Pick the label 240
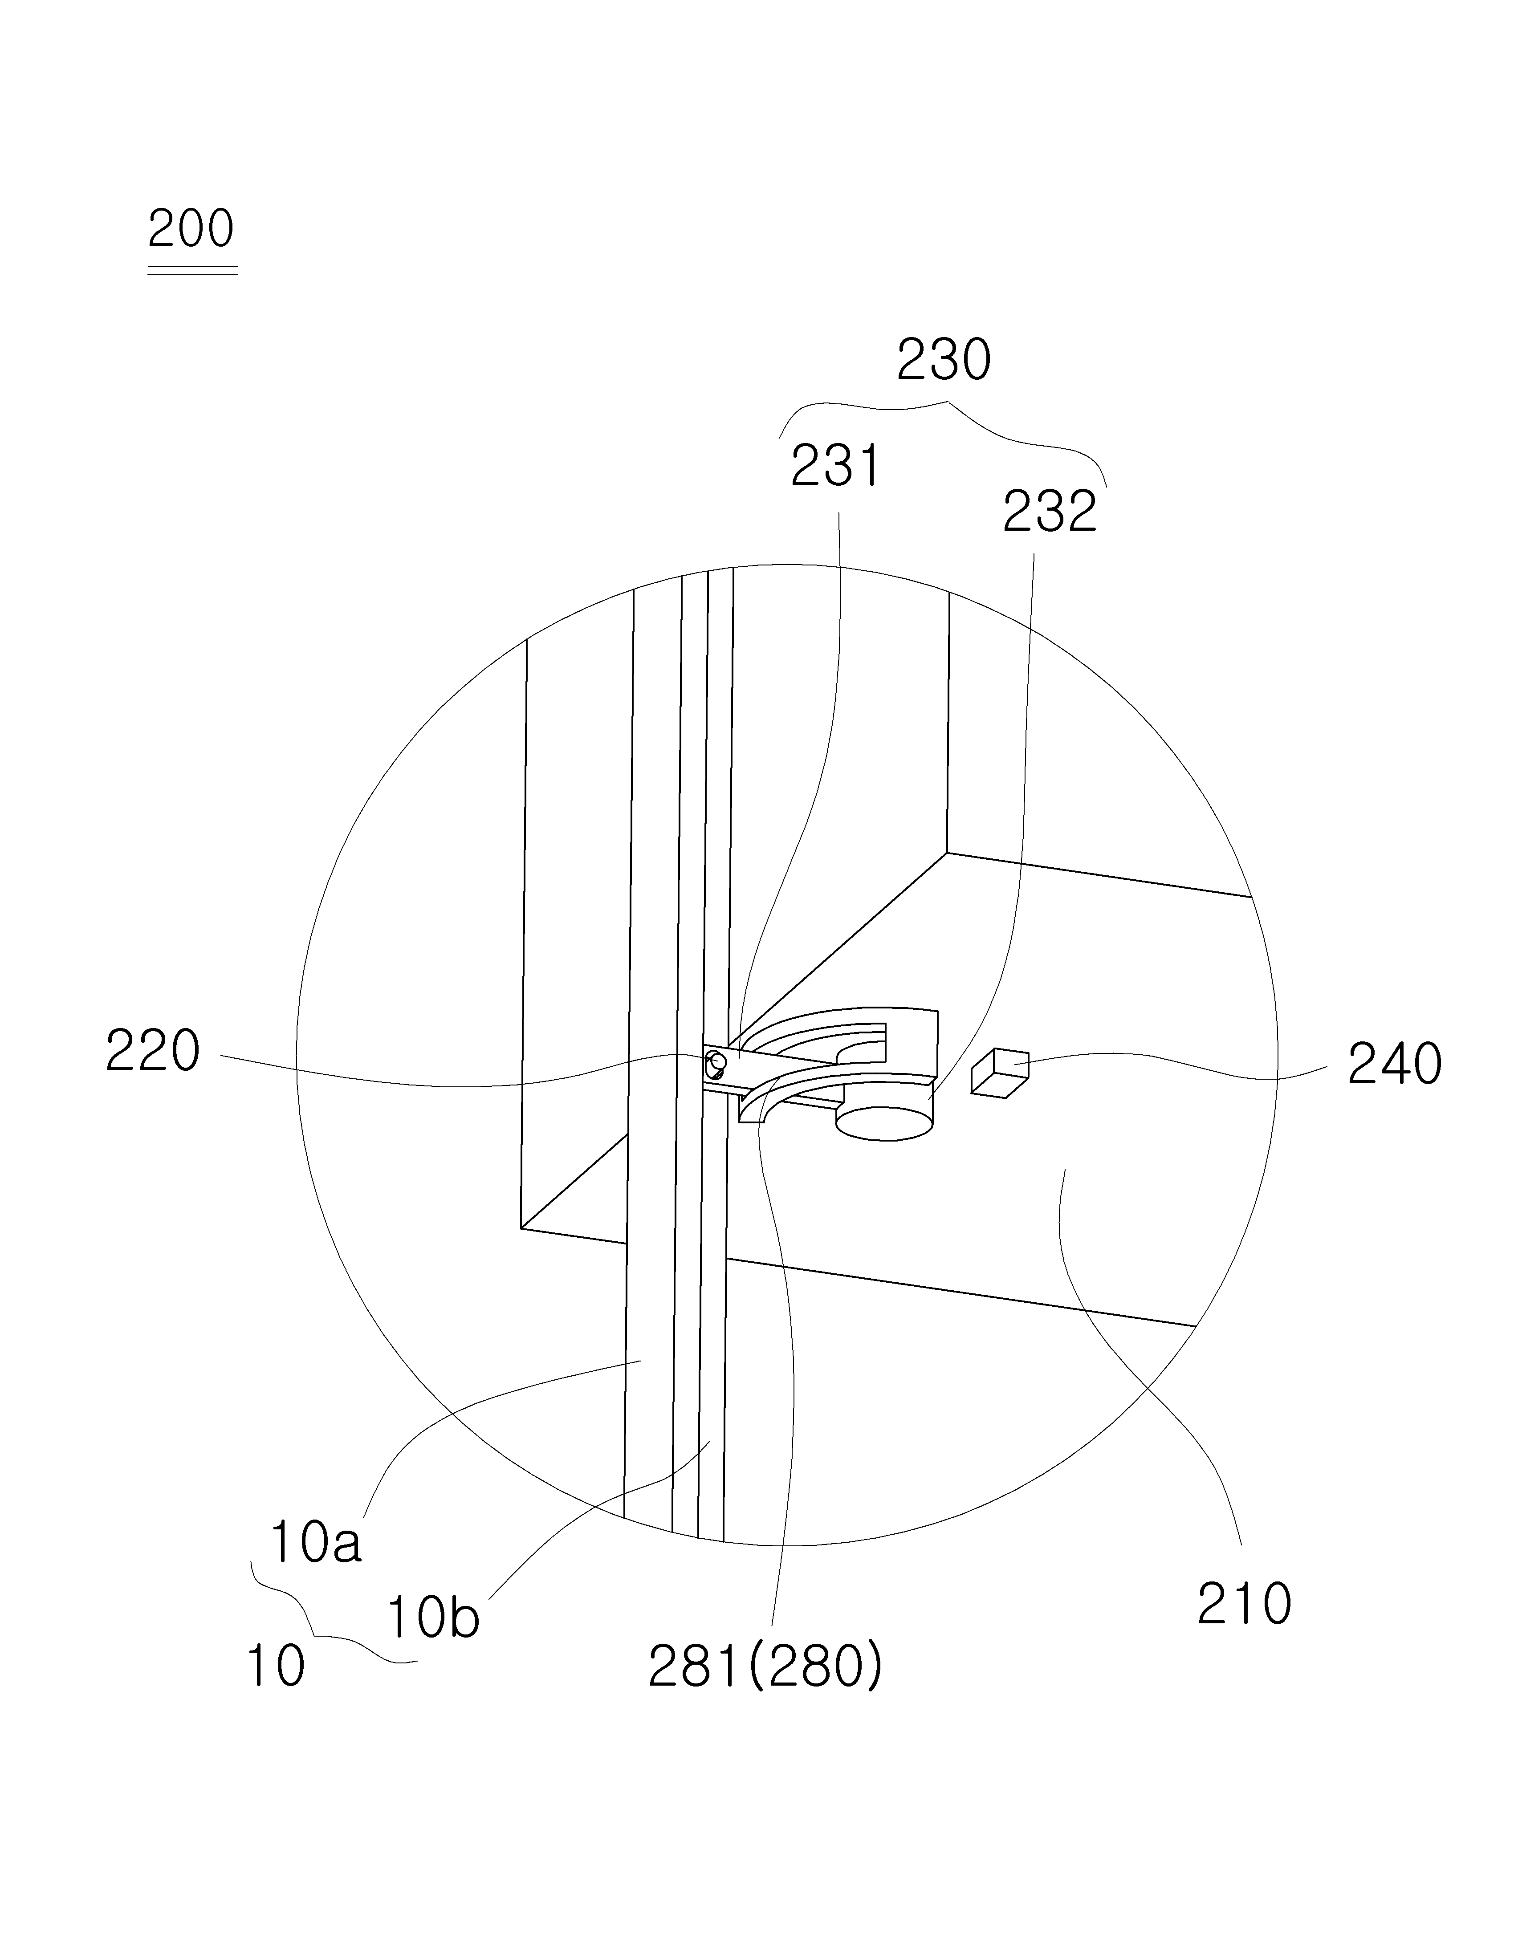click(x=1395, y=1065)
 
